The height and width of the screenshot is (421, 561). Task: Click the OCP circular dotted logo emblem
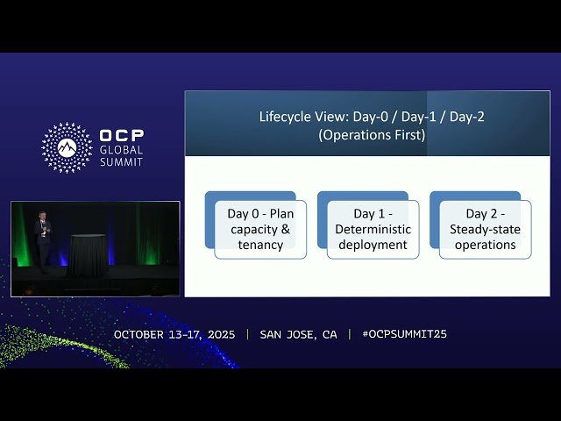[67, 147]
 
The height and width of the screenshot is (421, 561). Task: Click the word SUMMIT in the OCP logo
[121, 161]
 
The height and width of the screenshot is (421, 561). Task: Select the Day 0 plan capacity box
[260, 229]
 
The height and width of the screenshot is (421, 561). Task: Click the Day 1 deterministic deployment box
[373, 229]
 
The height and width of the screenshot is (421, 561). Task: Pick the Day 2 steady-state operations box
[485, 229]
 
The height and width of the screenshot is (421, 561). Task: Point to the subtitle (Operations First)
[373, 135]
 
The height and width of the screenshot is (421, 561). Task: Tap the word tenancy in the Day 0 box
[260, 245]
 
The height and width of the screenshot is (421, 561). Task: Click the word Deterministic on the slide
[373, 229]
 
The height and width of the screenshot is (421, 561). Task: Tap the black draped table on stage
[88, 254]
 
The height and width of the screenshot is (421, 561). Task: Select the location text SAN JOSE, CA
[298, 334]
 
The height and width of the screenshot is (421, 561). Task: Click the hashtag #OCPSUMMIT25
[404, 334]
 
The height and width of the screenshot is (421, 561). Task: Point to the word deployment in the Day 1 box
[373, 245]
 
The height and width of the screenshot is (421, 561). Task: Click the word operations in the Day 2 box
[485, 245]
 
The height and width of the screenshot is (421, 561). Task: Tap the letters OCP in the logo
[122, 136]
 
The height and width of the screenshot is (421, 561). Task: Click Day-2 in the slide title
[466, 117]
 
